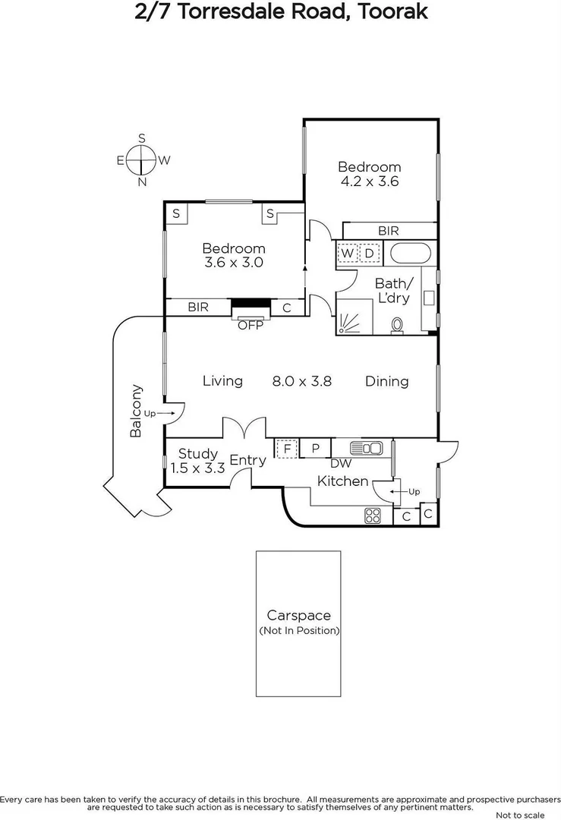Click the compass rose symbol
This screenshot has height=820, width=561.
(142, 160)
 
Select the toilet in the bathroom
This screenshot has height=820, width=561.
(396, 326)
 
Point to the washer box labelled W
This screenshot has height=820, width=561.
(348, 253)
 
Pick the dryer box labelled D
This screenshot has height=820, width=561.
(369, 253)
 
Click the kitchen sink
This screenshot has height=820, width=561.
(366, 448)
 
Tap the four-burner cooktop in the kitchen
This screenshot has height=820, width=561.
(373, 516)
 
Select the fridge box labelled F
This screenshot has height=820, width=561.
(286, 449)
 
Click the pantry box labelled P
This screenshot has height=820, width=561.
(315, 449)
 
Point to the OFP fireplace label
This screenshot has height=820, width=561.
(250, 326)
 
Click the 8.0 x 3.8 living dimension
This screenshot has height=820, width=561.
(302, 381)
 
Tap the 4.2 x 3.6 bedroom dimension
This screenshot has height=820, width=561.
(369, 181)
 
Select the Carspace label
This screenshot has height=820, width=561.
(298, 616)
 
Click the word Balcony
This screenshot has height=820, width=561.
(136, 411)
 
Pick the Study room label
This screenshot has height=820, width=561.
(197, 454)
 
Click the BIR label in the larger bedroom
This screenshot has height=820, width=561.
(388, 231)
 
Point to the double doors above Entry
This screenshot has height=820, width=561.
(244, 428)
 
